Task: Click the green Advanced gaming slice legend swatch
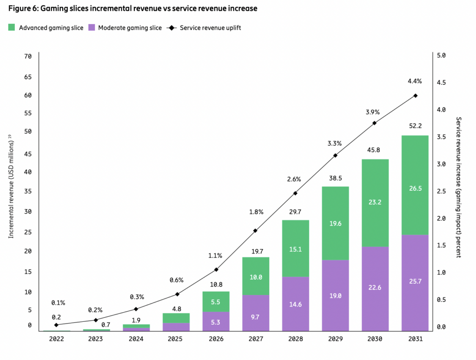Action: click(12, 28)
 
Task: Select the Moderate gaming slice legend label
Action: click(130, 28)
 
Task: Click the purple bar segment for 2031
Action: click(415, 283)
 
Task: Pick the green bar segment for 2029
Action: click(336, 223)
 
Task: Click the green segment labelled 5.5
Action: click(216, 301)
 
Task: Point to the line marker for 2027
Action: click(256, 231)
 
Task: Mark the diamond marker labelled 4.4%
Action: click(415, 96)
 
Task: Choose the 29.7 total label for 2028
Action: click(295, 212)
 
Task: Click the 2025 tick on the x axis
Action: click(176, 339)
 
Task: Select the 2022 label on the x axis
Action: click(56, 339)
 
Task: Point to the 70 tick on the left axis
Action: click(28, 56)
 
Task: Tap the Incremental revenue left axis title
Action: click(11, 187)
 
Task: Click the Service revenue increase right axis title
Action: click(458, 187)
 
